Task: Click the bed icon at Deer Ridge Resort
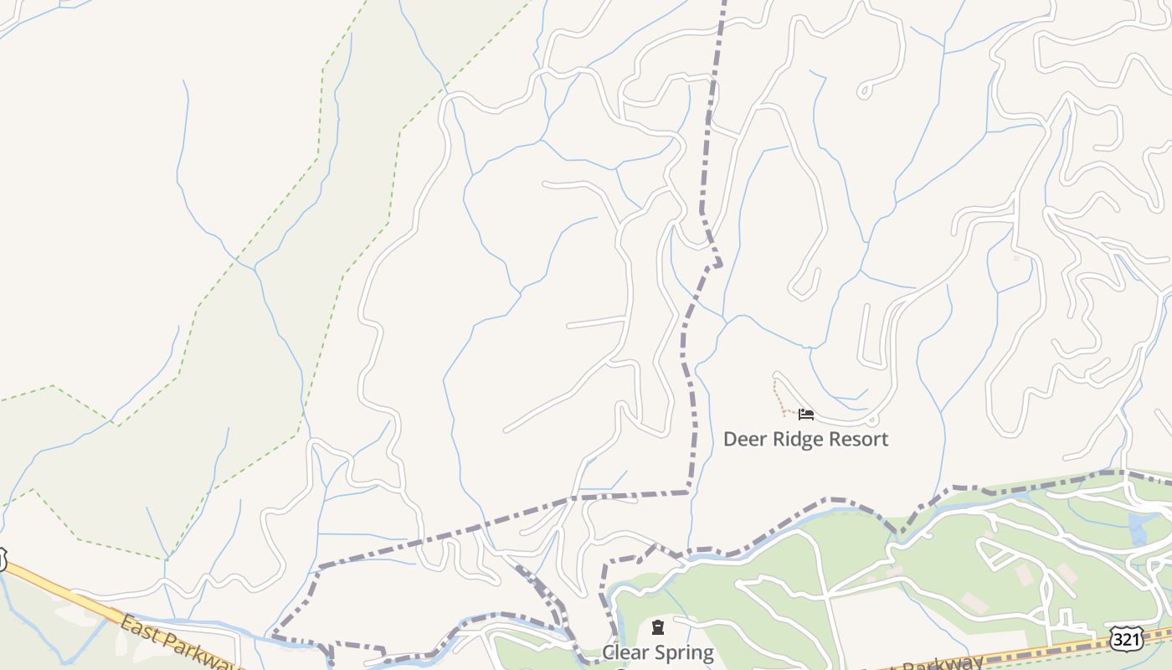[x=805, y=414]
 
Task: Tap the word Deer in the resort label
[x=743, y=439]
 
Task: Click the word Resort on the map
[x=857, y=439]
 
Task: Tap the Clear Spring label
[x=658, y=652]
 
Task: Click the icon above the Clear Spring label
[x=658, y=627]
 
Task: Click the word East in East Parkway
[x=138, y=627]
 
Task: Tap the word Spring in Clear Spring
[x=681, y=653]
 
